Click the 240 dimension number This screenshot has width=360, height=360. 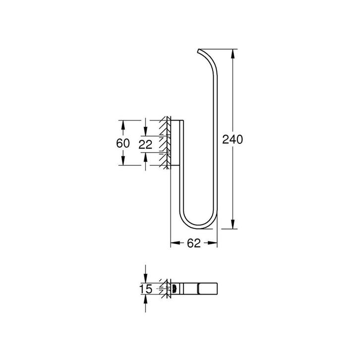232,140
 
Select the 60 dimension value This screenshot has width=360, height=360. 123,143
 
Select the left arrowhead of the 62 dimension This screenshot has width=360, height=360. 174,243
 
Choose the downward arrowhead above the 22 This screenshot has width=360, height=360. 145,131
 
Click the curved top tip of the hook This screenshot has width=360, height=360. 200,51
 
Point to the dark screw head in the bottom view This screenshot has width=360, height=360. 175,289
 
